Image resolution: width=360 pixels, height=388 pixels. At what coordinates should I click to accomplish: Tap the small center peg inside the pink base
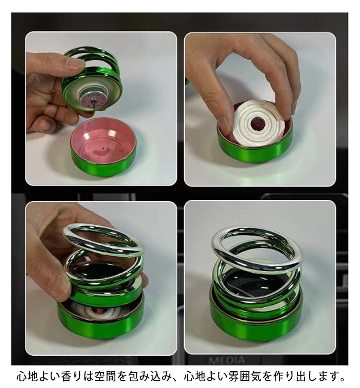(x=103, y=150)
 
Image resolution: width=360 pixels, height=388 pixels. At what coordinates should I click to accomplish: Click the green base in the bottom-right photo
(x=256, y=323)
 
